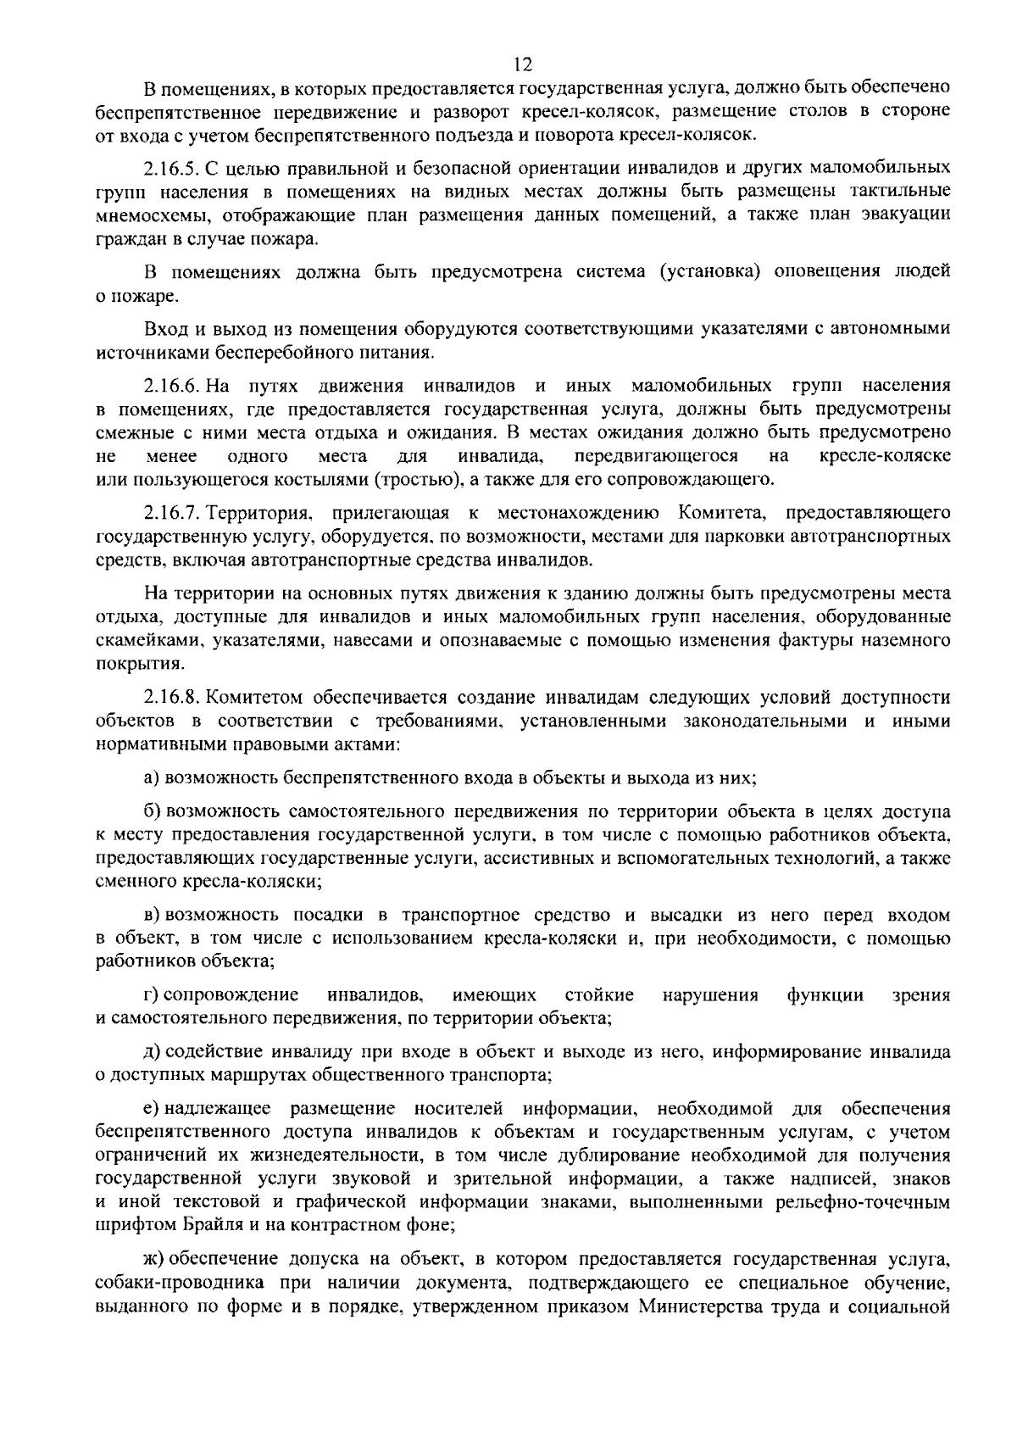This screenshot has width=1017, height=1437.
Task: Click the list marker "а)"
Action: pos(152,777)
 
